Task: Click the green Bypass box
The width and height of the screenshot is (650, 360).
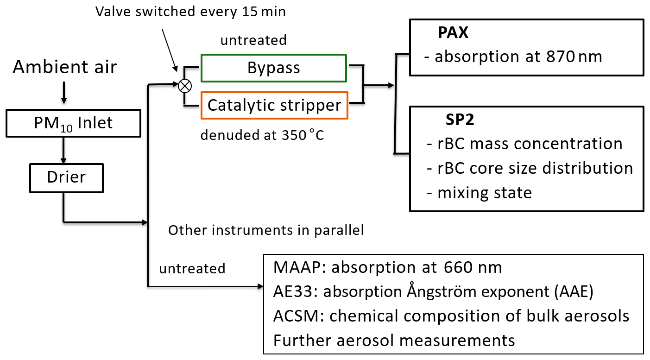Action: tap(273, 68)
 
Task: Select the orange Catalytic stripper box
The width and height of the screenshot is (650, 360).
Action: tap(274, 105)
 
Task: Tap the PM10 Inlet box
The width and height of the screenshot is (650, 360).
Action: tap(74, 123)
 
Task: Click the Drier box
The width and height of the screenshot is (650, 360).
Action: tap(66, 177)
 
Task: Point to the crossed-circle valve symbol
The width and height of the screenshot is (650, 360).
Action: tap(185, 85)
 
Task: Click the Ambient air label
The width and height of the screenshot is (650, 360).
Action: tap(64, 67)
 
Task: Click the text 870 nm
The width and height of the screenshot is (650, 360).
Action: tap(572, 57)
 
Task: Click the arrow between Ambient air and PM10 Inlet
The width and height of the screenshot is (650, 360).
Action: tap(64, 93)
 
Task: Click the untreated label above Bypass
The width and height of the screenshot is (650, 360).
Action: tap(253, 40)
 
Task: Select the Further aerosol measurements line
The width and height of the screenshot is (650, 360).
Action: tap(394, 340)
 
